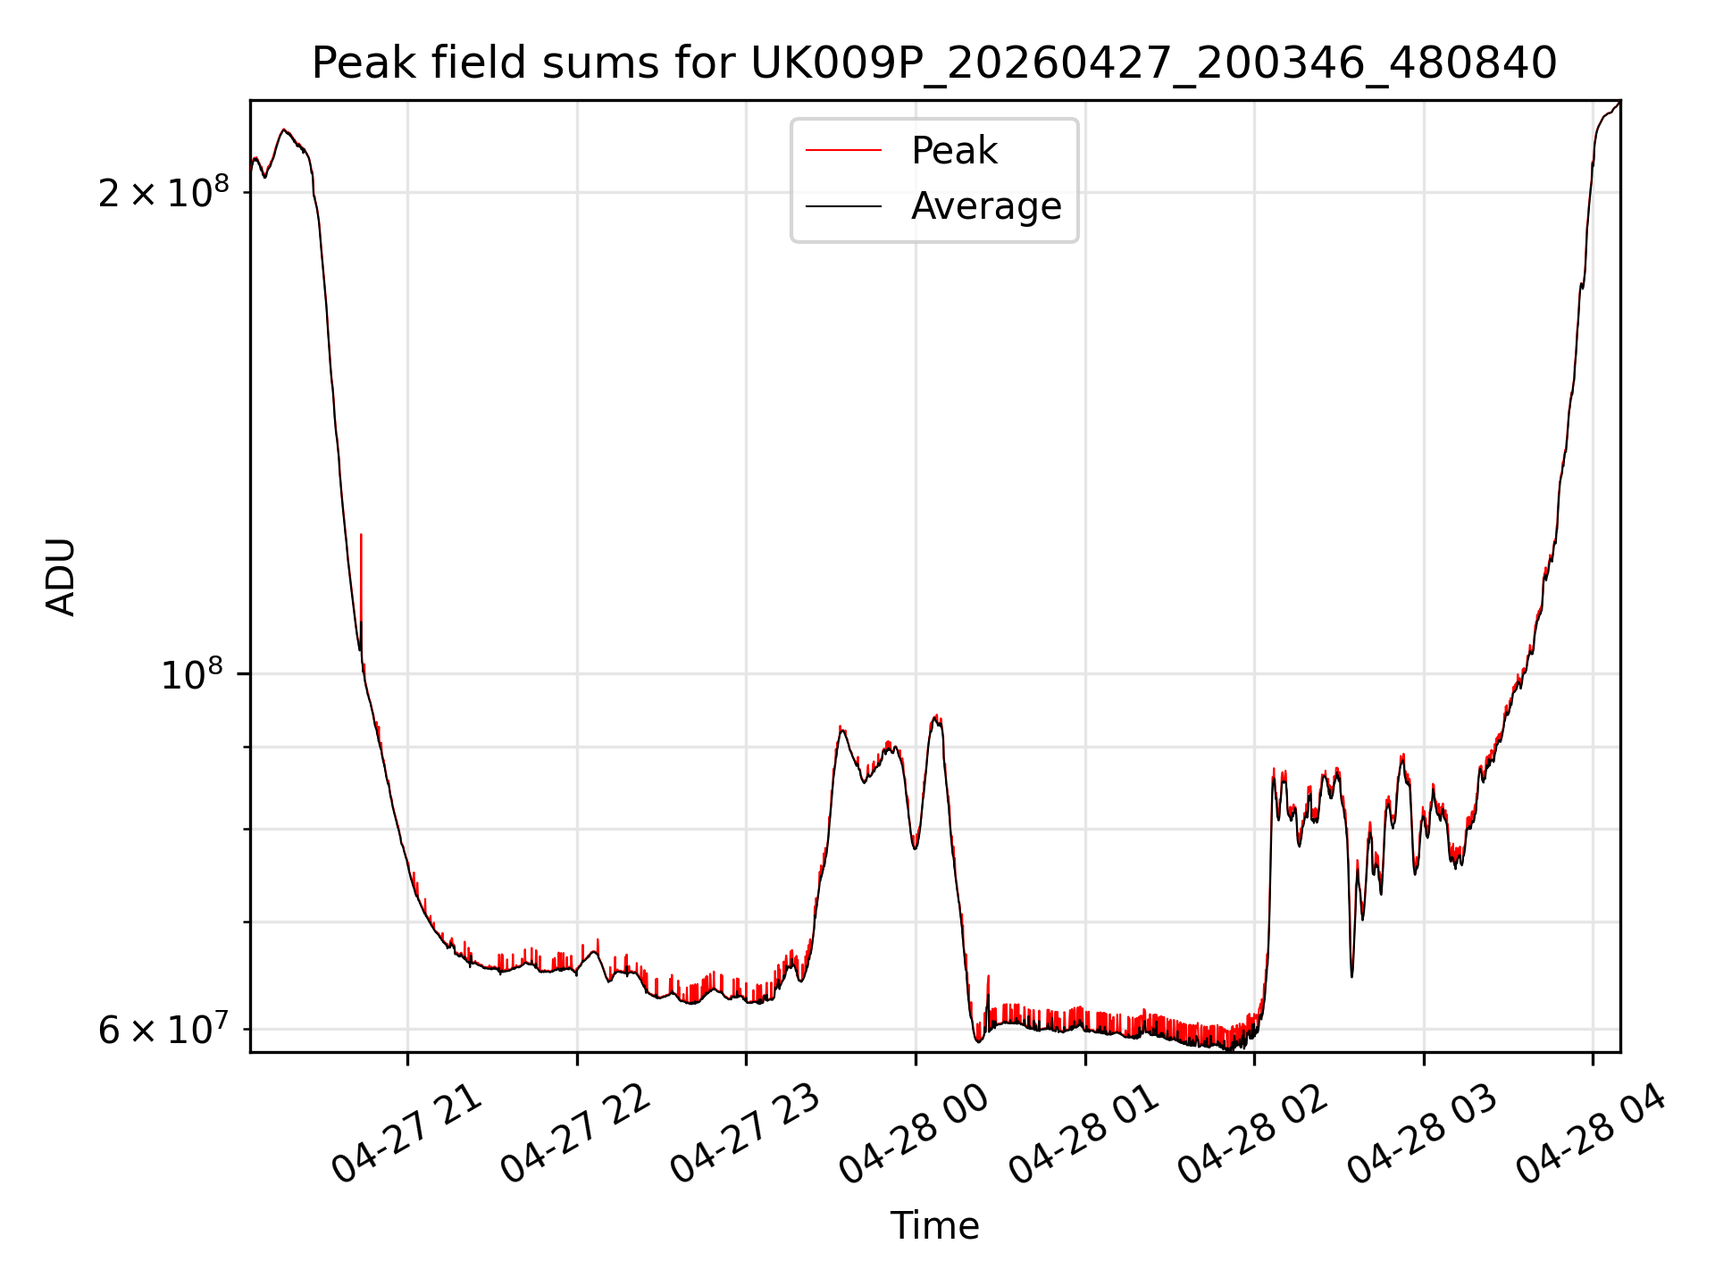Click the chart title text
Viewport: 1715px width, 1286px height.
coord(934,63)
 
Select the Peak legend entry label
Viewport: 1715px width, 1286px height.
coord(954,151)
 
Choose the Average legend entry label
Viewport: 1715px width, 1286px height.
coord(986,206)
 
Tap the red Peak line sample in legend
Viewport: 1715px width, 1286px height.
coord(843,151)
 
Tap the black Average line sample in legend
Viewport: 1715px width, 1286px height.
coord(843,206)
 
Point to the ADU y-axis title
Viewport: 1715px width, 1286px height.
coord(61,577)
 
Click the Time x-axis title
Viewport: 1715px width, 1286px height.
coord(934,1226)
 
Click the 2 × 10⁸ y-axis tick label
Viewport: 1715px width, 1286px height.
coord(163,191)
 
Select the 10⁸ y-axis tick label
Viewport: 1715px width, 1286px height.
coord(192,673)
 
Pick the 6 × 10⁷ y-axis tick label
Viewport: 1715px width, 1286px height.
coord(163,1029)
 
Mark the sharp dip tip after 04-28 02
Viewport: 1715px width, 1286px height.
coord(1351,976)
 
